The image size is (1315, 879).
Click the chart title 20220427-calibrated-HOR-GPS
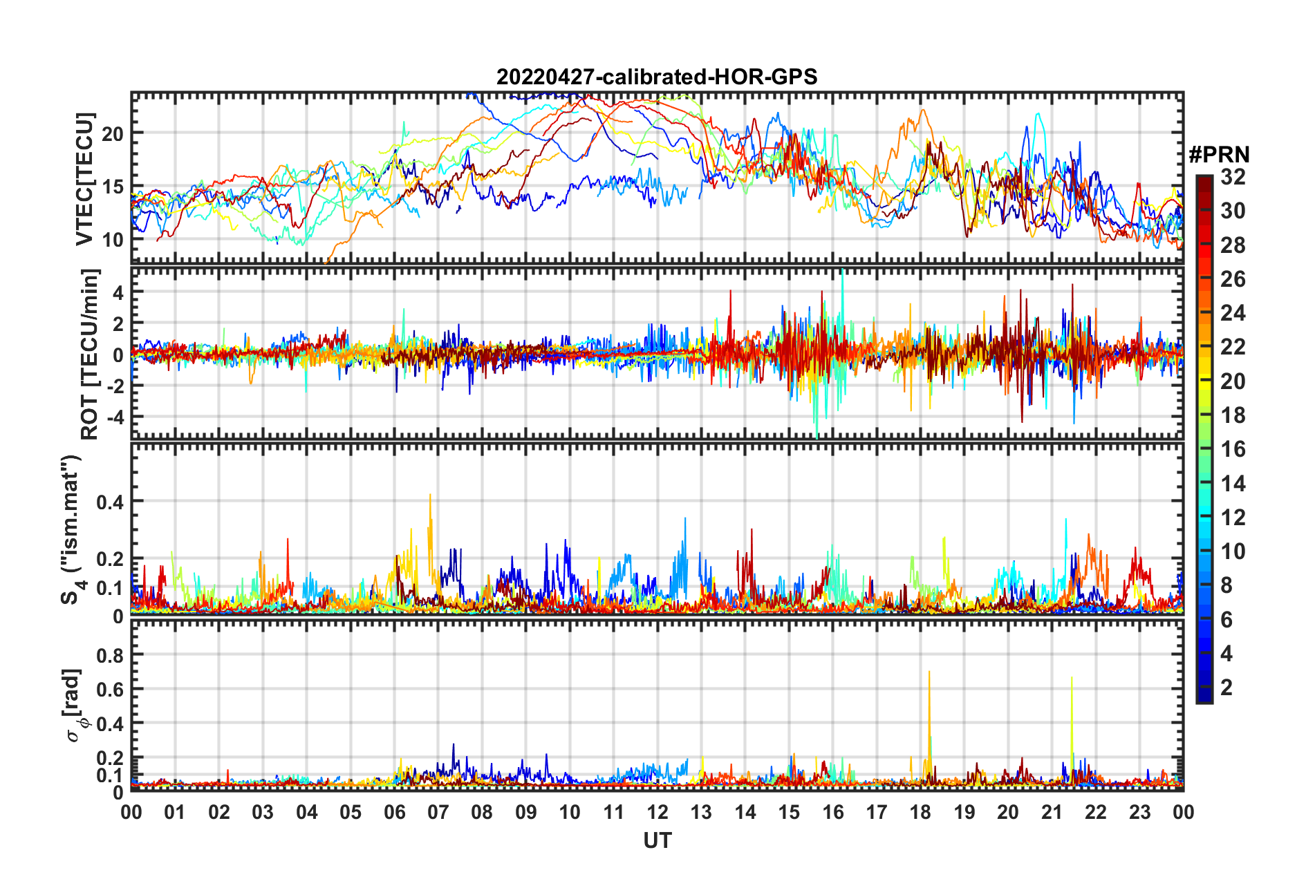[x=657, y=77]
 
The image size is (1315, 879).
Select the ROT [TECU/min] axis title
[x=90, y=355]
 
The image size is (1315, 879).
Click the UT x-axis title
[x=657, y=840]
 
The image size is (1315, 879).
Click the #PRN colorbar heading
[x=1219, y=155]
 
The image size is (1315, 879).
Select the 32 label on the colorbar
[x=1233, y=177]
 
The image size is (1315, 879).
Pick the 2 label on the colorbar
[x=1227, y=687]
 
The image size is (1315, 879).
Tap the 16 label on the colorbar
[x=1233, y=449]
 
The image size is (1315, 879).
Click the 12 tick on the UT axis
[x=657, y=812]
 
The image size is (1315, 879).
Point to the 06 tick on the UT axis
[x=394, y=812]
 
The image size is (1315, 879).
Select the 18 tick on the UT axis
[x=920, y=812]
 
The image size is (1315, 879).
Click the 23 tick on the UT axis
[x=1139, y=812]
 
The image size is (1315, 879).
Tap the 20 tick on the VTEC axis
[x=113, y=133]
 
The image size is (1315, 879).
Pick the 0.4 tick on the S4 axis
[x=110, y=502]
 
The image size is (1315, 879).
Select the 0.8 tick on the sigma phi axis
[x=110, y=654]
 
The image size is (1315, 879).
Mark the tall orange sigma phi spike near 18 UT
[x=929, y=674]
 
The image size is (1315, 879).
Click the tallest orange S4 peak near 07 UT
[x=430, y=496]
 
